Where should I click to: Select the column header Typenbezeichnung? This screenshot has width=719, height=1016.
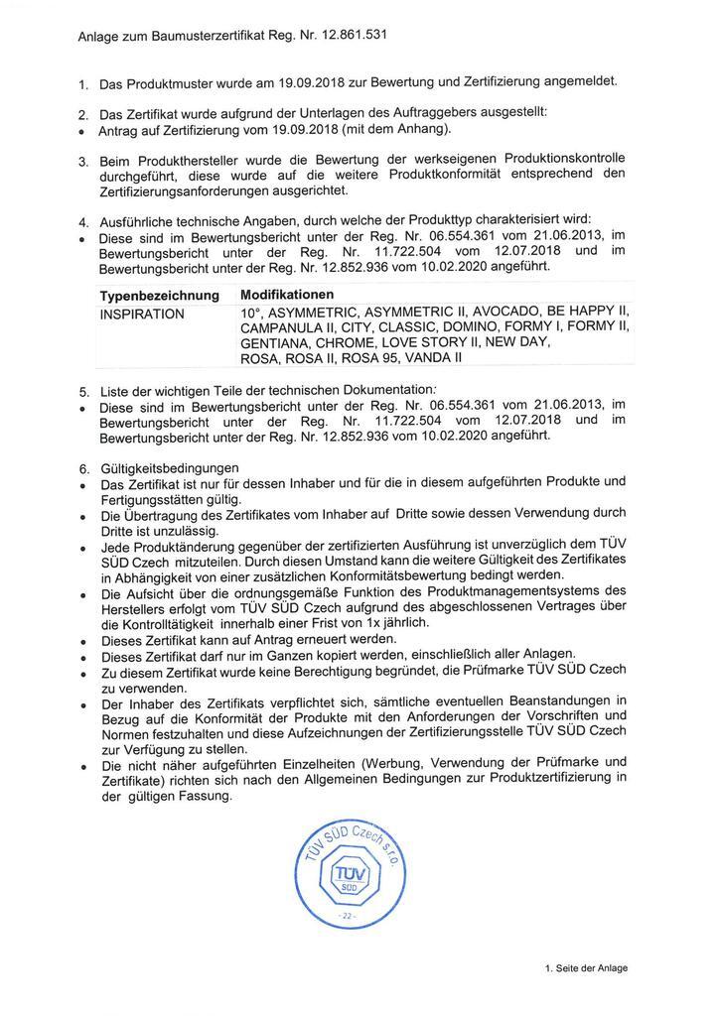coord(159,296)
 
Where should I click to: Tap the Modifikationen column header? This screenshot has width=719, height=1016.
coord(287,295)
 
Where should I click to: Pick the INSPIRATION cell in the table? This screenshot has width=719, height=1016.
coord(142,314)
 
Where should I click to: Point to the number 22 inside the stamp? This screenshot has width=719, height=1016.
coord(348,914)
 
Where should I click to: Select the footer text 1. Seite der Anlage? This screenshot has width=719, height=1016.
coord(586,967)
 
